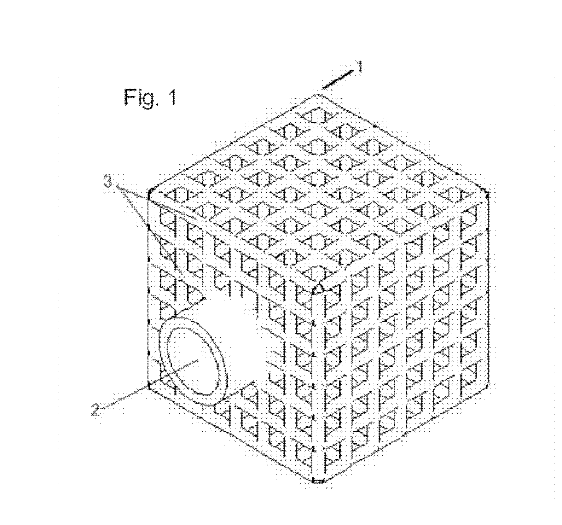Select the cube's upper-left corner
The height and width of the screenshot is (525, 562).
click(x=150, y=190)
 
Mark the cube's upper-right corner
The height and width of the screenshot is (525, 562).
click(x=486, y=190)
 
